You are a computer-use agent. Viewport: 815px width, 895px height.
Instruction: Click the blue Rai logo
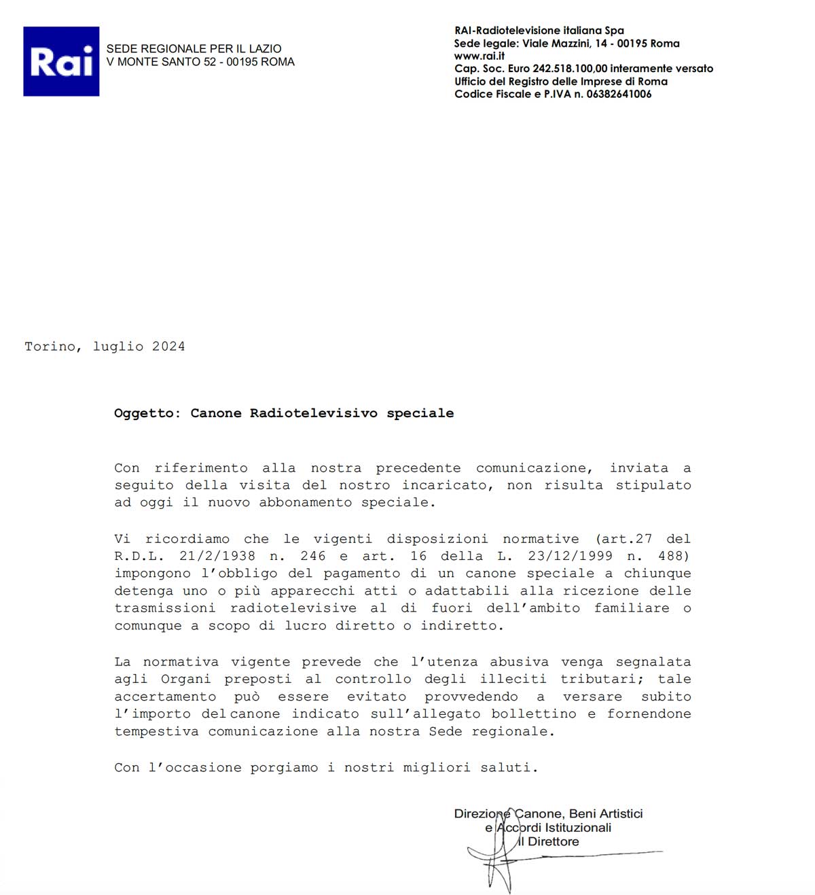[61, 61]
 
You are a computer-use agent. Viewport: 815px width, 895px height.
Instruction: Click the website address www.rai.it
[479, 56]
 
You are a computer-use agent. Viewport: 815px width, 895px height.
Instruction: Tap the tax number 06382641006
[619, 94]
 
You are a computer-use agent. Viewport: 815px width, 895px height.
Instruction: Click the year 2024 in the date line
[168, 347]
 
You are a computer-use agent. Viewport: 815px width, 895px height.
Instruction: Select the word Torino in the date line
[50, 347]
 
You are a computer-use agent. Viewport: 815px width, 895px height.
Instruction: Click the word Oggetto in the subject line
[144, 413]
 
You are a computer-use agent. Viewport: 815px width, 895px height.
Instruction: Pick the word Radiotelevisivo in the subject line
[314, 413]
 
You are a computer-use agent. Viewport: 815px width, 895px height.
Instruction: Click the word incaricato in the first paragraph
[445, 485]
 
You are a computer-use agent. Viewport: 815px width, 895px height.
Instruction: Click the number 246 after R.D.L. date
[313, 556]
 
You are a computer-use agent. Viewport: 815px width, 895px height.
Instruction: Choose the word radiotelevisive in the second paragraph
[293, 608]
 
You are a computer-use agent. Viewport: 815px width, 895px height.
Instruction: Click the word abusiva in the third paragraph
[519, 662]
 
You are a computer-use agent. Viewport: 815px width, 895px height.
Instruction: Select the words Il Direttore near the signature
[549, 841]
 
